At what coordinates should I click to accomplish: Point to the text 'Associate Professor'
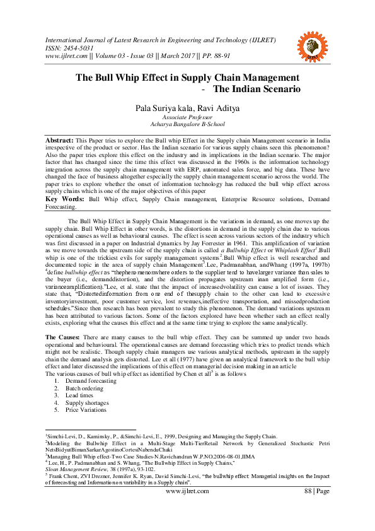click(x=187, y=117)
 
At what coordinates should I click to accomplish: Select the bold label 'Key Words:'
click(x=64, y=199)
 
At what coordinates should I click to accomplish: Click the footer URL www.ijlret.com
click(x=187, y=491)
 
